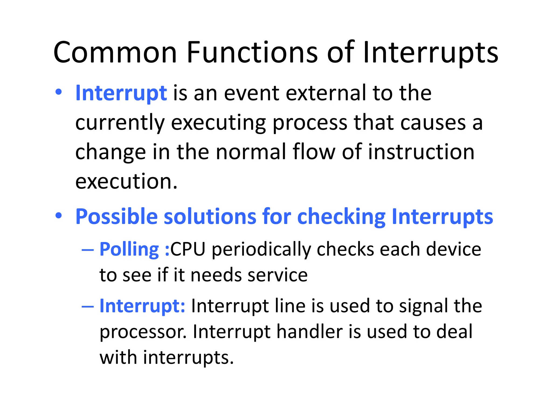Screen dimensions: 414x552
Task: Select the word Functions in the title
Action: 252,53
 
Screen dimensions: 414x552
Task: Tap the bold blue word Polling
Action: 129,249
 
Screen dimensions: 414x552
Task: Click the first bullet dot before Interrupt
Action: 58,92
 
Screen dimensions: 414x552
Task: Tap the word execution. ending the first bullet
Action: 126,181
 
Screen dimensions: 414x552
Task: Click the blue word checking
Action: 341,217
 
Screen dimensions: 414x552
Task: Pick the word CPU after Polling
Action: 188,249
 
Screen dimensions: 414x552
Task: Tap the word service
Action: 277,275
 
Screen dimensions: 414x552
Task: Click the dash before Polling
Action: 88,250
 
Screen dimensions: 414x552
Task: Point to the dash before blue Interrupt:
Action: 88,307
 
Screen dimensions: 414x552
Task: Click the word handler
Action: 310,332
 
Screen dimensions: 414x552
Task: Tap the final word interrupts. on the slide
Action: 188,358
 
